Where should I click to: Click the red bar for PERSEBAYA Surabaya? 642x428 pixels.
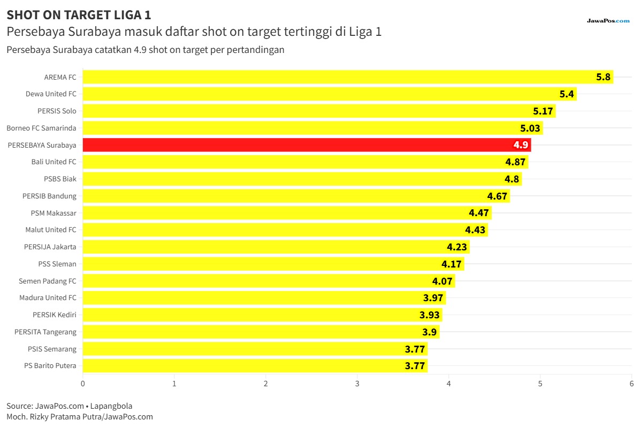307,145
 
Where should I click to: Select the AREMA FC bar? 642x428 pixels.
348,77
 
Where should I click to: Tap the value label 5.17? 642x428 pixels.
543,111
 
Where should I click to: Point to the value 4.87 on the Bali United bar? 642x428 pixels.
515,162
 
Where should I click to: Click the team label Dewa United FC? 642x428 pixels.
51,94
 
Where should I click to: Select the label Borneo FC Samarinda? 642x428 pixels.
41,128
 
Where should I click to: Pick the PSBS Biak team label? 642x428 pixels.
60,179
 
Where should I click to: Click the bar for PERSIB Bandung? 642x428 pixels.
296,196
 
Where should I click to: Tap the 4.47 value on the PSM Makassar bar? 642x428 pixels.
479,213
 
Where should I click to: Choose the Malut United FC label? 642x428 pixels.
51,230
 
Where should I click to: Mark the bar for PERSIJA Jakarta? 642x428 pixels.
276,247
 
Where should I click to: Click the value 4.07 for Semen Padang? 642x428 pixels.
442,281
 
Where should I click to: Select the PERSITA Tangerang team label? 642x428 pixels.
45,332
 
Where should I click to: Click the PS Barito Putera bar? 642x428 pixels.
255,366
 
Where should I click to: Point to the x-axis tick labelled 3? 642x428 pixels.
357,384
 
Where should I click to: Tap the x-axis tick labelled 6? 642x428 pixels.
631,384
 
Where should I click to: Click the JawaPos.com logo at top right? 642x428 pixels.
608,21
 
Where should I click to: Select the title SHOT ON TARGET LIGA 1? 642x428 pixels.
79,15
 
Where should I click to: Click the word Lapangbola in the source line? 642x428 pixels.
111,406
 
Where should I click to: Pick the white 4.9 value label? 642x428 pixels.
521,145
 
